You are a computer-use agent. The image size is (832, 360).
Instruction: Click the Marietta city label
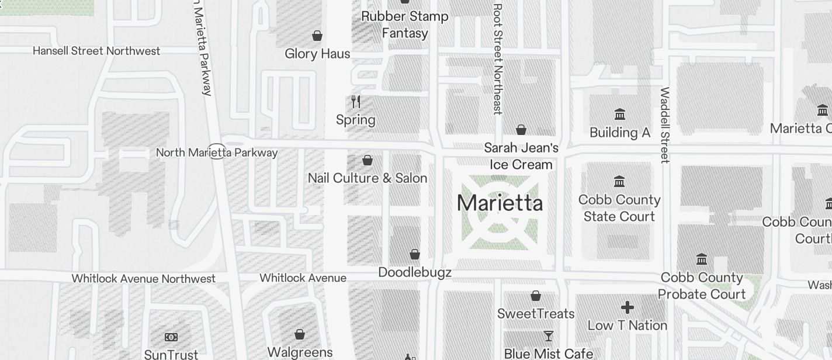click(x=500, y=203)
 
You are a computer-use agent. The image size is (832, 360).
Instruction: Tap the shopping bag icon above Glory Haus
click(x=317, y=36)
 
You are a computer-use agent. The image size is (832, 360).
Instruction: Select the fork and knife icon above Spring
click(x=356, y=102)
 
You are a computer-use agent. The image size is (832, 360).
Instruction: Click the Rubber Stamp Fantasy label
click(x=405, y=25)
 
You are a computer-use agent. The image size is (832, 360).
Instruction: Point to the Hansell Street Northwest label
click(x=96, y=51)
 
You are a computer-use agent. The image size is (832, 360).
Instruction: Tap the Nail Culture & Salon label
click(x=368, y=178)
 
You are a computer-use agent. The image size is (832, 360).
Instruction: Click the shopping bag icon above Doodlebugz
click(x=415, y=254)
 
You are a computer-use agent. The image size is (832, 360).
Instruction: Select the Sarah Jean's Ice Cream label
click(x=521, y=156)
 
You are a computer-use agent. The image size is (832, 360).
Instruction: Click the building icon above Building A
click(x=620, y=114)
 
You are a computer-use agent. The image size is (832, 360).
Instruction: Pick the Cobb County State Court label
click(x=619, y=208)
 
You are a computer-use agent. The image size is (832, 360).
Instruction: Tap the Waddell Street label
click(x=665, y=125)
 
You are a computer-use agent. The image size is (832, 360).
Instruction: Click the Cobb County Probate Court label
click(x=702, y=286)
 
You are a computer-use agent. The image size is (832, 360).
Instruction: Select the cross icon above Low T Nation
click(x=628, y=307)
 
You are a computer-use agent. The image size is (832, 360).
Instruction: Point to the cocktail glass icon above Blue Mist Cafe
click(x=549, y=336)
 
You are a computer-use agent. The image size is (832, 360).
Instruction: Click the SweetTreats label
click(x=536, y=314)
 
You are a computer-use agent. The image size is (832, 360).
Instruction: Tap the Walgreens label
click(x=300, y=352)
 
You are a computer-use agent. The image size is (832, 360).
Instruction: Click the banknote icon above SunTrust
click(x=171, y=337)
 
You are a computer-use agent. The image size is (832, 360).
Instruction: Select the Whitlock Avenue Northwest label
click(x=144, y=279)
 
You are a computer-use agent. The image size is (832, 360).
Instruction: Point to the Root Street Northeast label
click(x=498, y=58)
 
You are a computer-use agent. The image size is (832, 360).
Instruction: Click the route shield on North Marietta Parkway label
click(x=217, y=152)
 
